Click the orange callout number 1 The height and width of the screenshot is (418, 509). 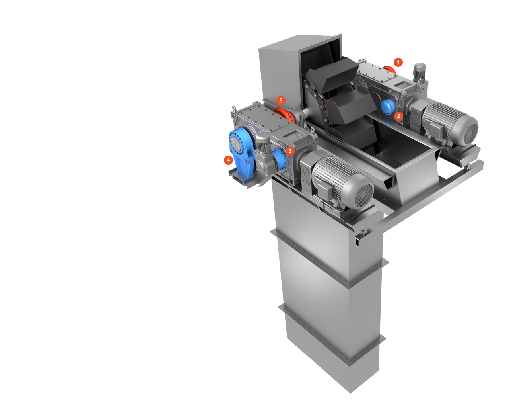point(398,63)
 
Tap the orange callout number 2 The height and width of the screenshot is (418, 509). point(398,116)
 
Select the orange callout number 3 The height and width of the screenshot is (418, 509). point(290,151)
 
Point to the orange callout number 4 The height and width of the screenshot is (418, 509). point(228,160)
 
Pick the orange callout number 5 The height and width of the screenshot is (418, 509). point(281,100)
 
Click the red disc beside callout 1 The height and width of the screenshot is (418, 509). point(389,69)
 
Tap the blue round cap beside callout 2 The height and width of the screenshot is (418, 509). point(388,107)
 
